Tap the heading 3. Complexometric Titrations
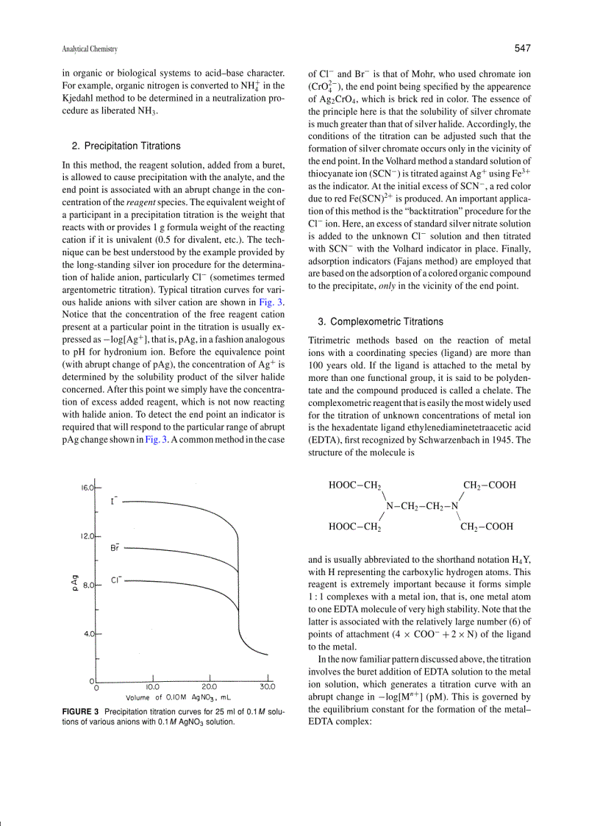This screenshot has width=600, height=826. [380, 321]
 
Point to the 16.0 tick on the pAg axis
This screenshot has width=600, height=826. [87, 488]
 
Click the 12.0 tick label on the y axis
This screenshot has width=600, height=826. [87, 536]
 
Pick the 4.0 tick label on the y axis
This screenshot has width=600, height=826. [89, 633]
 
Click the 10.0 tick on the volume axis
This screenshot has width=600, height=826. [153, 686]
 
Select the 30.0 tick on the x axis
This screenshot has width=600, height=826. [268, 686]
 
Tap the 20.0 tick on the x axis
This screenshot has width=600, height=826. [210, 686]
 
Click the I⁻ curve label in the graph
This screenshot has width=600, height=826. [114, 501]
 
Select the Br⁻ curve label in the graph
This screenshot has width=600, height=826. [115, 547]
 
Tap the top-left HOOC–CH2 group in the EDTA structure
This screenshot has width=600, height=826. [354, 485]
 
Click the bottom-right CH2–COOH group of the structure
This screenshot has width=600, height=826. [487, 527]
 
